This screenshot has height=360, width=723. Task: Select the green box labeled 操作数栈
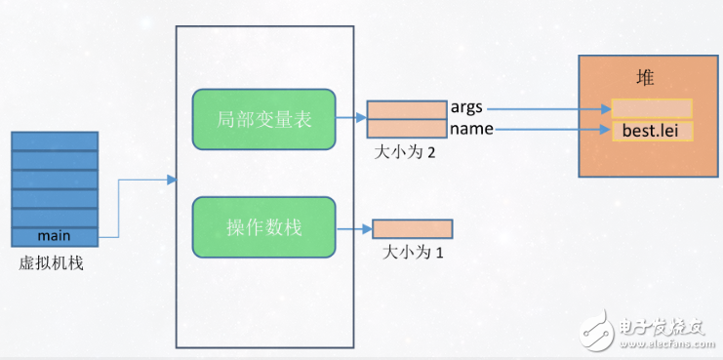pos(264,227)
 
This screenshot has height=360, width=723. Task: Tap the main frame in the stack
pos(56,236)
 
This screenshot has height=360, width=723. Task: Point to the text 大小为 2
pos(405,152)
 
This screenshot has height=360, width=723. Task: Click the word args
pos(466,107)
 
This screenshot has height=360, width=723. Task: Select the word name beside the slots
pos(470,128)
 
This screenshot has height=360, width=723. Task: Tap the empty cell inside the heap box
pos(652,108)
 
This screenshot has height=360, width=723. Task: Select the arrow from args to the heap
pos(546,108)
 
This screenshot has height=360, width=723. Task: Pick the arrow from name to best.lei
pos(551,129)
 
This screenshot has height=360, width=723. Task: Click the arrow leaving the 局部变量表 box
pos(351,119)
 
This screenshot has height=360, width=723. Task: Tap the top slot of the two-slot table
pos(406,109)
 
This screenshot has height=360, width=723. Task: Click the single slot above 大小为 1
pos(413,229)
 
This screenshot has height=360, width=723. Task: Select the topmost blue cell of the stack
pos(56,141)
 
